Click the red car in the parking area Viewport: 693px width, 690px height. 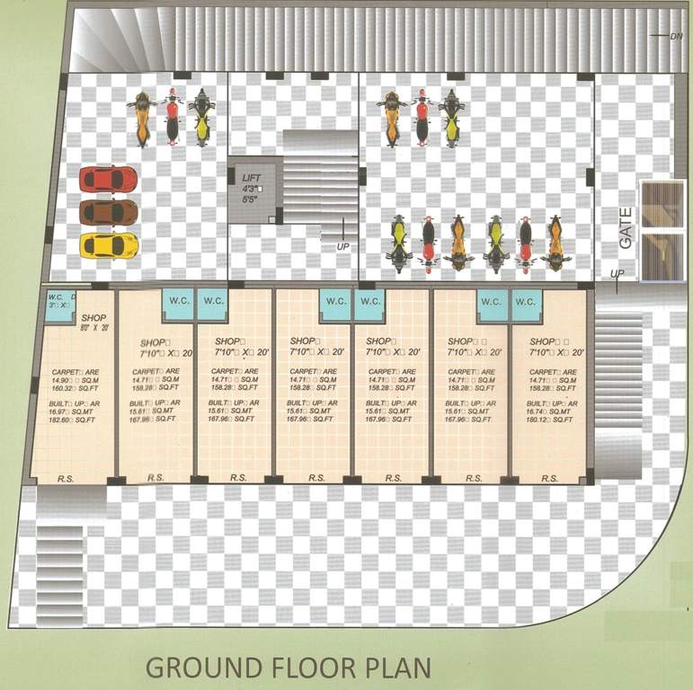click(x=108, y=180)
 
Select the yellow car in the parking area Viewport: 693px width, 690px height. click(x=109, y=244)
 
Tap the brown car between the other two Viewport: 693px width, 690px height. click(x=108, y=212)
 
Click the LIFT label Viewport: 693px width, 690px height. click(x=251, y=178)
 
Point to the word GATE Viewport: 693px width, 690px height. click(x=626, y=228)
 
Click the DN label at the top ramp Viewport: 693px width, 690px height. click(x=676, y=36)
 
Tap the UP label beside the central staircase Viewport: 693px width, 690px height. click(x=342, y=247)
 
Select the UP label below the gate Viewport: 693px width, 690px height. click(x=616, y=273)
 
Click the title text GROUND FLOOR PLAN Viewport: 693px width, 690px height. click(x=289, y=668)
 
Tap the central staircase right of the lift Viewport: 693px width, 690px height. click(x=321, y=180)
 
